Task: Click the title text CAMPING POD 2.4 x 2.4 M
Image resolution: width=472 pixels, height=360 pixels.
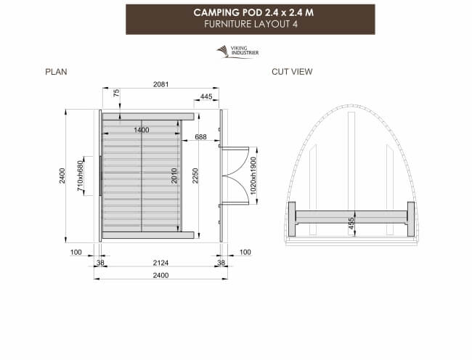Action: click(250, 12)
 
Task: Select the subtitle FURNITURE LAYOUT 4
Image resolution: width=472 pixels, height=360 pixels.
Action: click(250, 23)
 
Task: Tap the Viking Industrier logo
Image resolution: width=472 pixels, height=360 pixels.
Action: click(238, 51)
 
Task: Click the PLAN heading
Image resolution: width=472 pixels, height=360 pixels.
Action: click(57, 72)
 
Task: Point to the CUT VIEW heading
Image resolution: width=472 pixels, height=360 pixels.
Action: click(292, 72)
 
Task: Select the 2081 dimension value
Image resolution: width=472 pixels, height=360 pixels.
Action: click(160, 85)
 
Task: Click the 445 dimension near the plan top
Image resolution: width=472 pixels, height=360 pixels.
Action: click(206, 97)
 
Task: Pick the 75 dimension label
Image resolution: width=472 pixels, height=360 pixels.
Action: click(116, 93)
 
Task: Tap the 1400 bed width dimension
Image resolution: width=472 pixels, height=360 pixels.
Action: click(141, 130)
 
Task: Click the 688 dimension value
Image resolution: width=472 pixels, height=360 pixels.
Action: click(200, 137)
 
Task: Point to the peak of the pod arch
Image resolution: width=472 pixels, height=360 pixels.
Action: click(351, 104)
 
